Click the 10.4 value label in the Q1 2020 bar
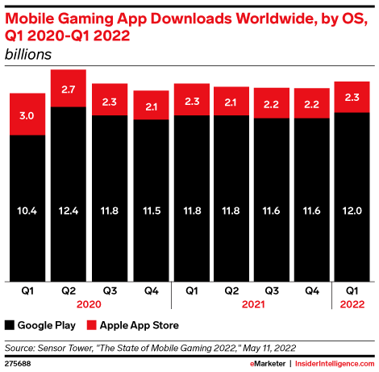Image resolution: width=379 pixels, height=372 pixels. coord(27,211)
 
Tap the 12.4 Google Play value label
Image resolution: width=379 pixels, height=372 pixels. coord(68,211)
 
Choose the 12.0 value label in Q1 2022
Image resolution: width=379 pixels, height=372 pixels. coord(352,211)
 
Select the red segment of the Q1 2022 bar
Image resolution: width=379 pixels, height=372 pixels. coord(352,96)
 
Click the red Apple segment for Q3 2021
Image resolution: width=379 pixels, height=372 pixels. coord(270,103)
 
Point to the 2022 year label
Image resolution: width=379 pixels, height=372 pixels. coord(352,304)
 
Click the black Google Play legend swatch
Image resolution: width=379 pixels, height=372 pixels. coord(10,325)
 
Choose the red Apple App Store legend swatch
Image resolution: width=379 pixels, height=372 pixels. coord(92,325)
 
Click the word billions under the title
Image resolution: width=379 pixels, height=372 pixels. coord(28,54)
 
